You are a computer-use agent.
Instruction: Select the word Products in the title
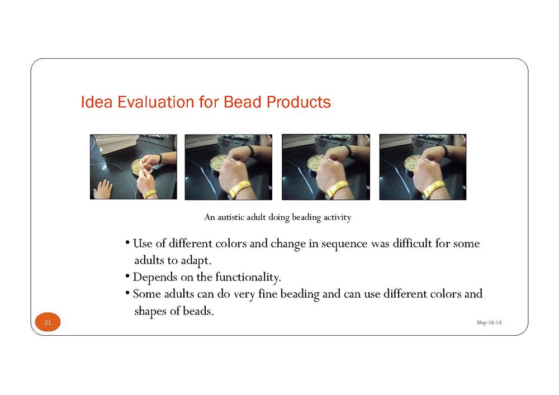[x=299, y=102]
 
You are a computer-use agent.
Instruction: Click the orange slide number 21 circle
[x=48, y=322]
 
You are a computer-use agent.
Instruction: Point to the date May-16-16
[x=489, y=322]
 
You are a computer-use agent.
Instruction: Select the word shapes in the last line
[x=150, y=311]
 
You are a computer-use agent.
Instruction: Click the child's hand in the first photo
[x=103, y=189]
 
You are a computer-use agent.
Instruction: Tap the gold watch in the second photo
[x=239, y=189]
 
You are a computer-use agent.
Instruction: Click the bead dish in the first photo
[x=138, y=166]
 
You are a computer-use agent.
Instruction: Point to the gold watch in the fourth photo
[x=434, y=189]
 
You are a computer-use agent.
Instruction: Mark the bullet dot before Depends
[x=127, y=276]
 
